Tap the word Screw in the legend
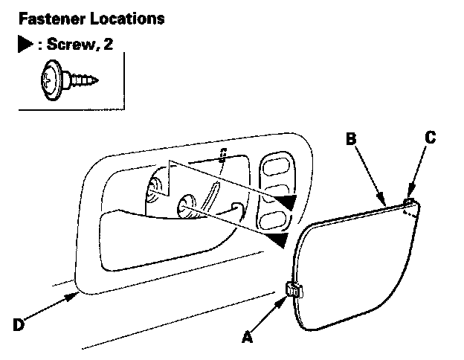pyautogui.click(x=69, y=45)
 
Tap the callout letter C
pyautogui.click(x=430, y=137)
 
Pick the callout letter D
pyautogui.click(x=19, y=325)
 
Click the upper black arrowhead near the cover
pyautogui.click(x=283, y=201)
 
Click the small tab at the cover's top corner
pyautogui.click(x=408, y=201)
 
